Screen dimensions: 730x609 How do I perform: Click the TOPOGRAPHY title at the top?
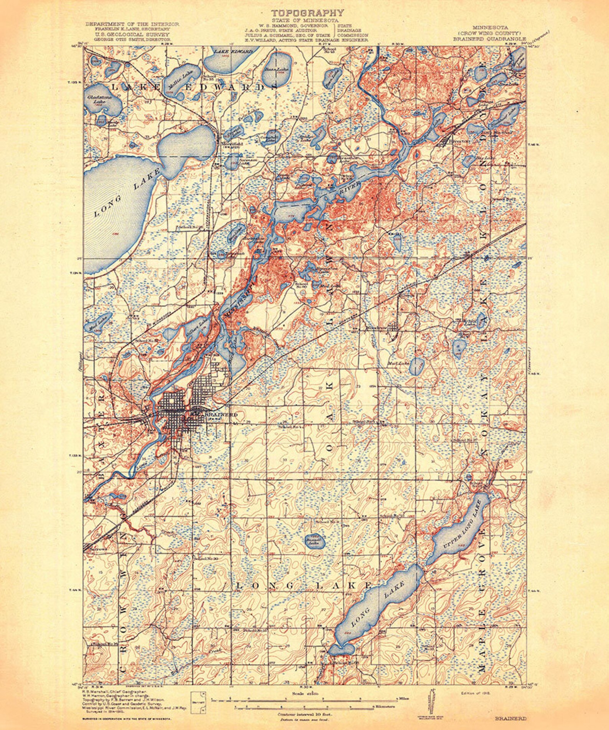pos(308,13)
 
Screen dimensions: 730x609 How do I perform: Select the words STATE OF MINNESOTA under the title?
pos(305,20)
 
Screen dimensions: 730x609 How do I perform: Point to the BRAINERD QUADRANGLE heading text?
pos(490,39)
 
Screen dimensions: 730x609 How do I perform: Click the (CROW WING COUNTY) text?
pos(490,33)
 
